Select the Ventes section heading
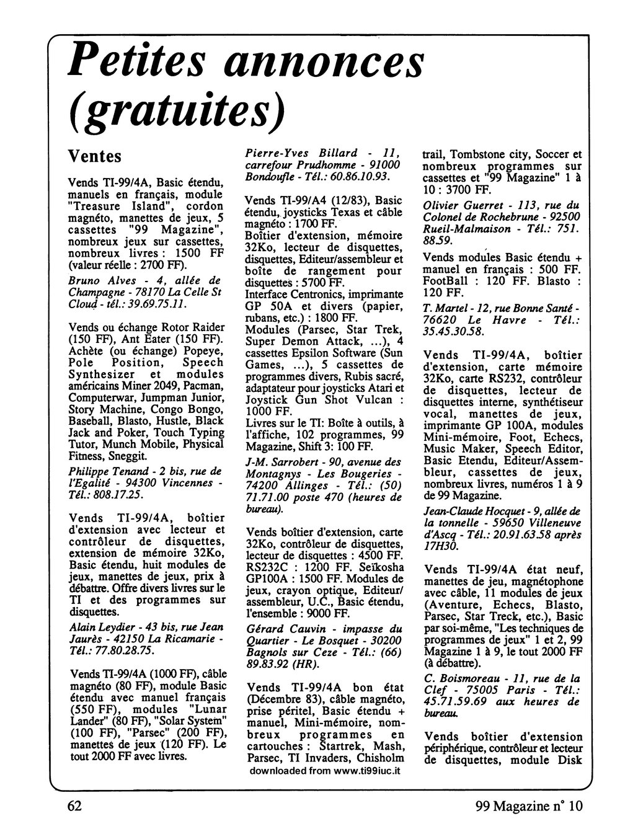[x=94, y=156]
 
